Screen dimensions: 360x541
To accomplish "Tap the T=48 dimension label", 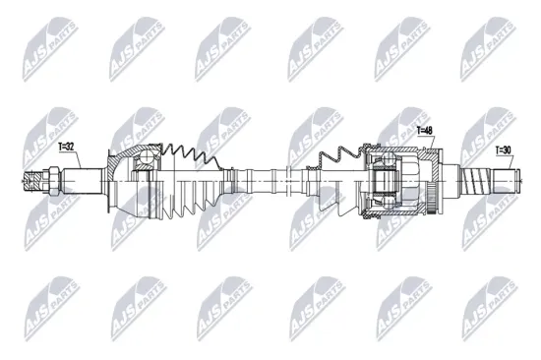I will pos(425,130).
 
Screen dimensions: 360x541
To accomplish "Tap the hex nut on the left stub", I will pos(47,180).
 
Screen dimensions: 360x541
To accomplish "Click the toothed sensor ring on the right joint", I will pos(433,182).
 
